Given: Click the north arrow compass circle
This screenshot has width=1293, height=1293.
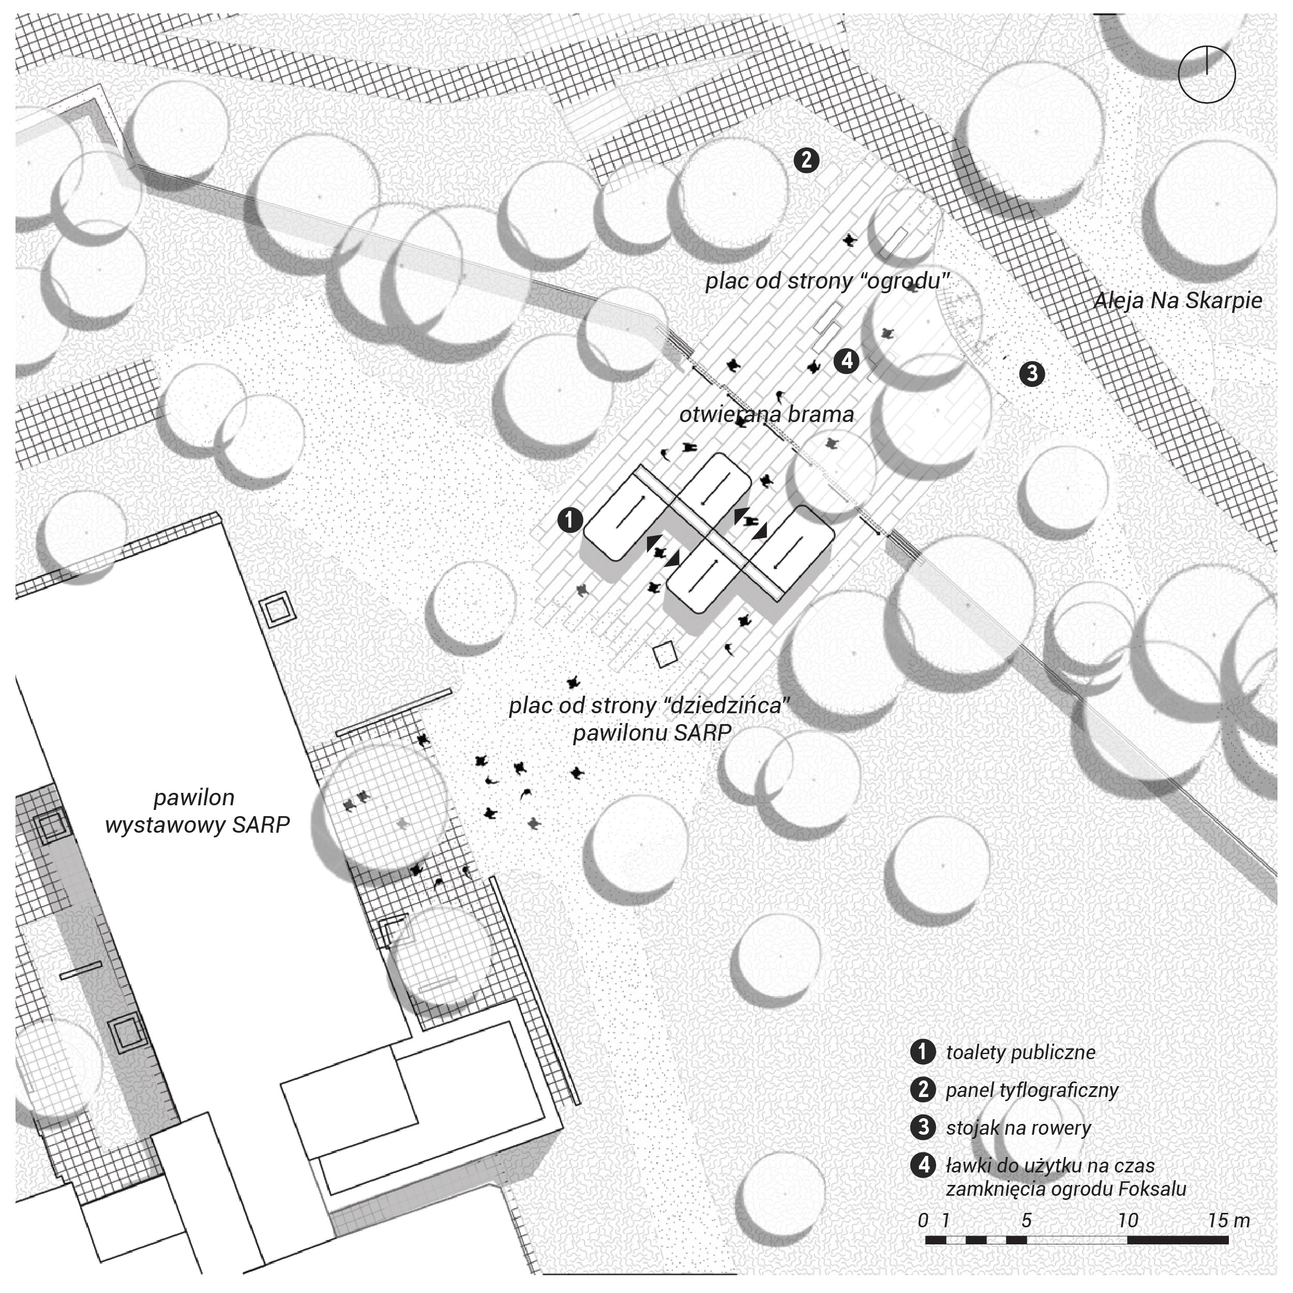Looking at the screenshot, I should pyautogui.click(x=1207, y=73).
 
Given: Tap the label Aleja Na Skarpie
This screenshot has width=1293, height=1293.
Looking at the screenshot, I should pyautogui.click(x=1178, y=300).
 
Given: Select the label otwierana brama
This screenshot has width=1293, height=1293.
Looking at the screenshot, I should pyautogui.click(x=766, y=415).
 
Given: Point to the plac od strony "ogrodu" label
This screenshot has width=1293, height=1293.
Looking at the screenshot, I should pyautogui.click(x=827, y=281).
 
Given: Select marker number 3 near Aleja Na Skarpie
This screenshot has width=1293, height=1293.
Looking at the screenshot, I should pyautogui.click(x=1031, y=373).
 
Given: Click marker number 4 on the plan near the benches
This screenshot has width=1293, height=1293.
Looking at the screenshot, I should pyautogui.click(x=847, y=362).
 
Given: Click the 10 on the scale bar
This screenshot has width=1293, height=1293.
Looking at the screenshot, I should pyautogui.click(x=1127, y=1220).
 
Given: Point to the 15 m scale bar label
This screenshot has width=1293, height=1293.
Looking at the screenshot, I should pyautogui.click(x=1229, y=1220).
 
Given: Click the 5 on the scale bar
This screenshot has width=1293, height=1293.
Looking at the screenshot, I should pyautogui.click(x=1026, y=1220).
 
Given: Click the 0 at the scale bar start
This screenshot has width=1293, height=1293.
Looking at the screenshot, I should pyautogui.click(x=924, y=1220).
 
